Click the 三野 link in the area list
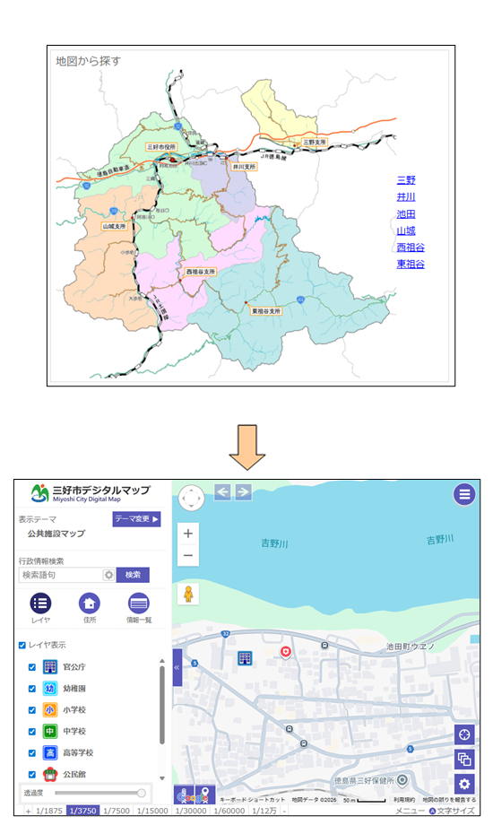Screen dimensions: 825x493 coord(406,179)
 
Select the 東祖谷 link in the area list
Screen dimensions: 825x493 coord(411,265)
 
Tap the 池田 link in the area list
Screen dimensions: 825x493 coord(406,213)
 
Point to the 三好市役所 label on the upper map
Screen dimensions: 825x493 coord(161,145)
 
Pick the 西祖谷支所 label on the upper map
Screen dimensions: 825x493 coord(201,271)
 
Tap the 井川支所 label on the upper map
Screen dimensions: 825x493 coord(244,167)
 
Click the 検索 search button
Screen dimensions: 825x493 coord(133,575)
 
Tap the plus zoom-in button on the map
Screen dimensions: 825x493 coord(188,534)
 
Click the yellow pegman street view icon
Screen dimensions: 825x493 coord(188,594)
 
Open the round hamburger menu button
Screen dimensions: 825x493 coord(463,494)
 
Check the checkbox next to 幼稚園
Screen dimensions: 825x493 coord(32,689)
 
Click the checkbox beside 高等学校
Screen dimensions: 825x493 coord(32,753)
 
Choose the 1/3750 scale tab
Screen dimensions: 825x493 coord(83,812)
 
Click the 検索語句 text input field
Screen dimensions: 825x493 coord(59,575)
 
